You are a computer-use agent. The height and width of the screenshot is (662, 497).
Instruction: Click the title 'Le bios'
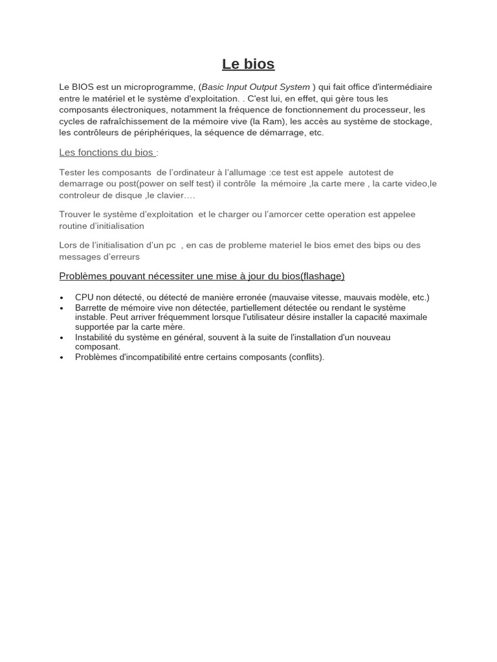tap(248, 64)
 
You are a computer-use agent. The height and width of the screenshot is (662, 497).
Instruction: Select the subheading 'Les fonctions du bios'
tap(106, 153)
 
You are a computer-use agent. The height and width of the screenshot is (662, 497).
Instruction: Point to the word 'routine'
tap(74, 226)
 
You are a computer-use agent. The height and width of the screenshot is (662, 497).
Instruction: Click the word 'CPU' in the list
tap(84, 297)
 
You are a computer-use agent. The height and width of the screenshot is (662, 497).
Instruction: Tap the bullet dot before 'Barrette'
tap(61, 308)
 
